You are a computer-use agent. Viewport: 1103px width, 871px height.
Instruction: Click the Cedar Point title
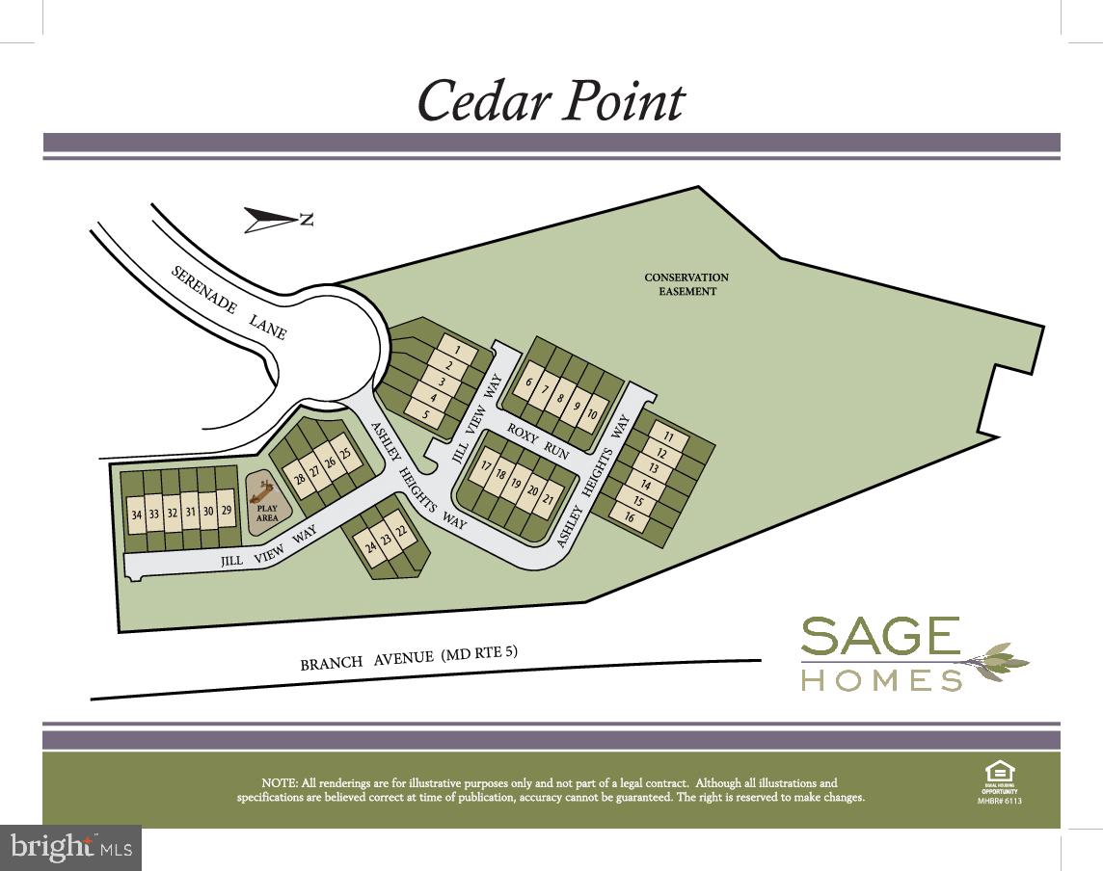551,100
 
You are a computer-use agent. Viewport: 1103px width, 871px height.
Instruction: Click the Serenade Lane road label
229,302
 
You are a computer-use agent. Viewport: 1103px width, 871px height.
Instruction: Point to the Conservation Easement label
686,284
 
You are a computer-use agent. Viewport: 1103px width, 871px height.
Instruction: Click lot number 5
425,413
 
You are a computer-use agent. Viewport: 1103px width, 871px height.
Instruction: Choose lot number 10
592,414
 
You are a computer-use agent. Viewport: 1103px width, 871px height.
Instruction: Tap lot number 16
630,517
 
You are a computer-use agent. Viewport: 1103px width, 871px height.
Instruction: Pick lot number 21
548,498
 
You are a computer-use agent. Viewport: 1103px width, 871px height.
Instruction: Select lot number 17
486,466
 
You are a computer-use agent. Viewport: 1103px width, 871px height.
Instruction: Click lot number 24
370,546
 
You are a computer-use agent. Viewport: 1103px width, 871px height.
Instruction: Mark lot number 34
136,515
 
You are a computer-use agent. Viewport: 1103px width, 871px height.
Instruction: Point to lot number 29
227,511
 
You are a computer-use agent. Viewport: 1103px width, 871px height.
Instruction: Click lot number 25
344,454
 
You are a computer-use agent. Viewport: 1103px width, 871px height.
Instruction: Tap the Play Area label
267,513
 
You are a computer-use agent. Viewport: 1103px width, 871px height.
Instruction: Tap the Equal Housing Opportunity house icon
998,772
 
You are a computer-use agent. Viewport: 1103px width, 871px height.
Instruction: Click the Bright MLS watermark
69,848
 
